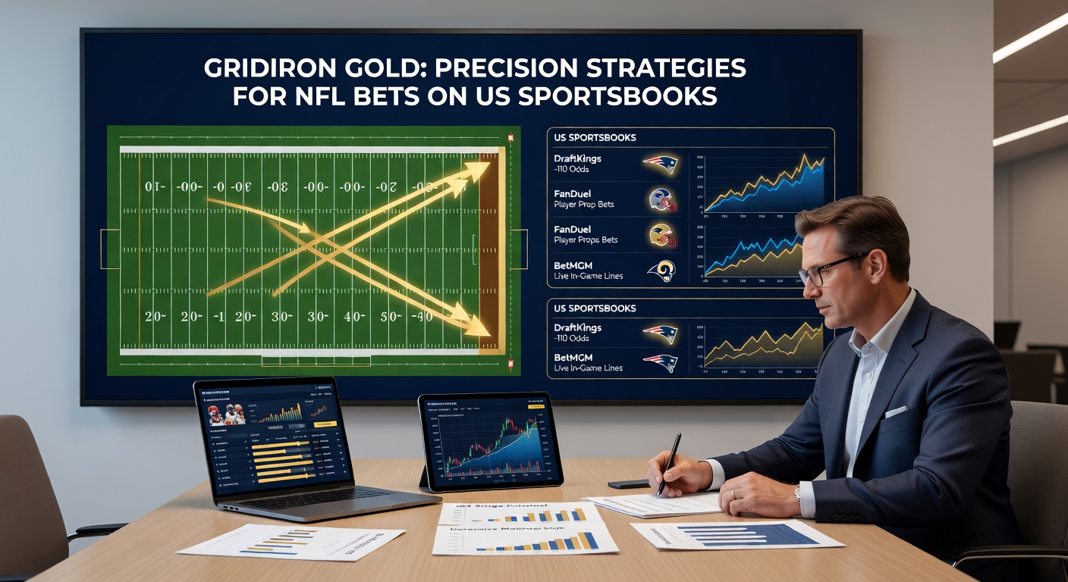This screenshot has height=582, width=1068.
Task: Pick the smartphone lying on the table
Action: click(629, 483)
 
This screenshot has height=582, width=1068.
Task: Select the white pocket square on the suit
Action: click(896, 411)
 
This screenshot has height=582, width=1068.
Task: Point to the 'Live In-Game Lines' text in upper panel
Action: click(589, 276)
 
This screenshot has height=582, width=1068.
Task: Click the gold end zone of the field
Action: click(489, 250)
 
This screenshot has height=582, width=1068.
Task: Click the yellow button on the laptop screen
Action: click(324, 424)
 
